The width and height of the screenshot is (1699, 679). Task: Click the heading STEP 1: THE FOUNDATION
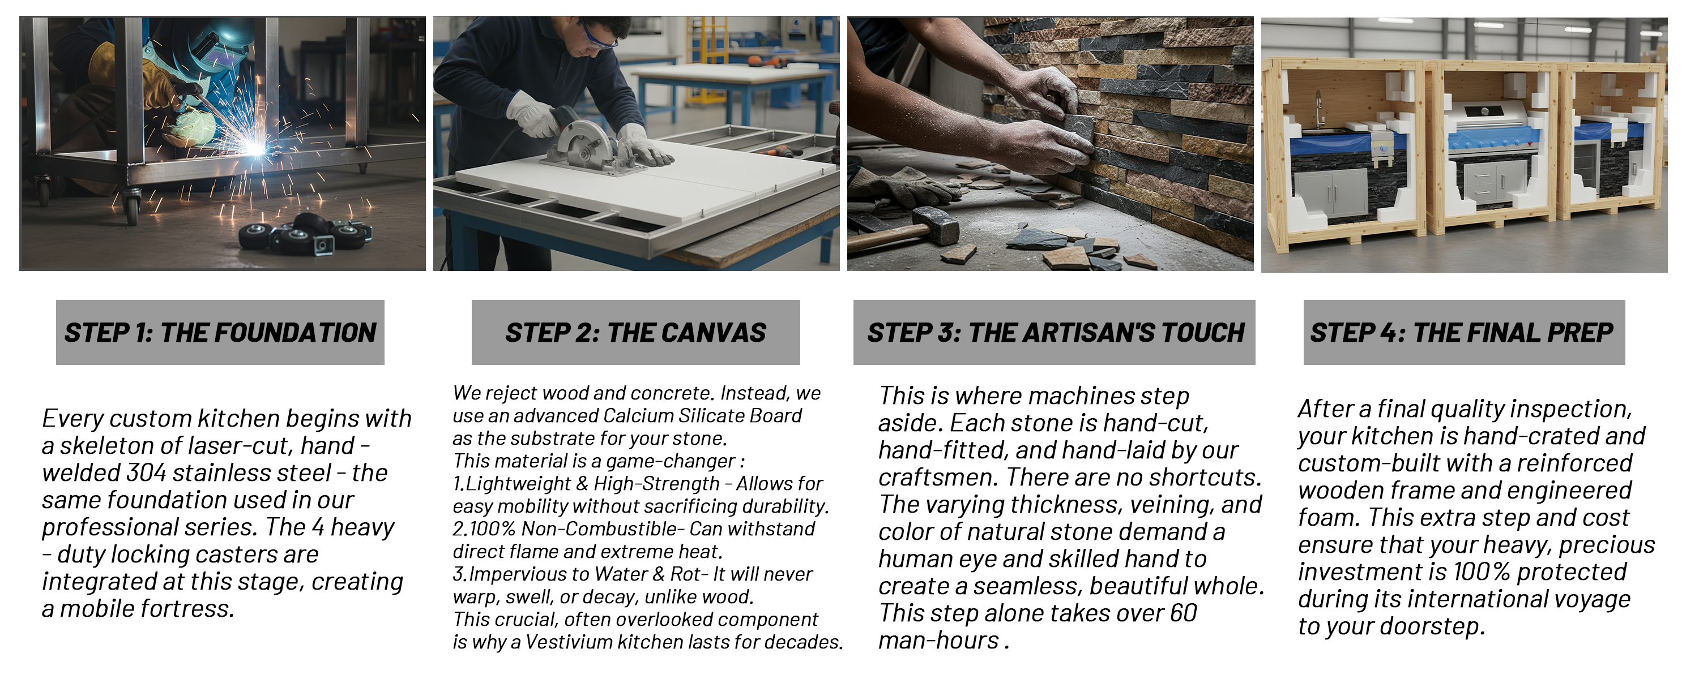point(220,333)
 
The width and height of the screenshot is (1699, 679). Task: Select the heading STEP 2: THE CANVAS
point(636,333)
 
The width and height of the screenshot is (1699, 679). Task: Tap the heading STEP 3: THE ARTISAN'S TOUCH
point(1055,333)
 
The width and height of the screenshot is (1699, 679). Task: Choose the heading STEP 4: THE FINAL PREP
point(1462,333)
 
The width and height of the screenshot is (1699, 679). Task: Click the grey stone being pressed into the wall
point(1077,128)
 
